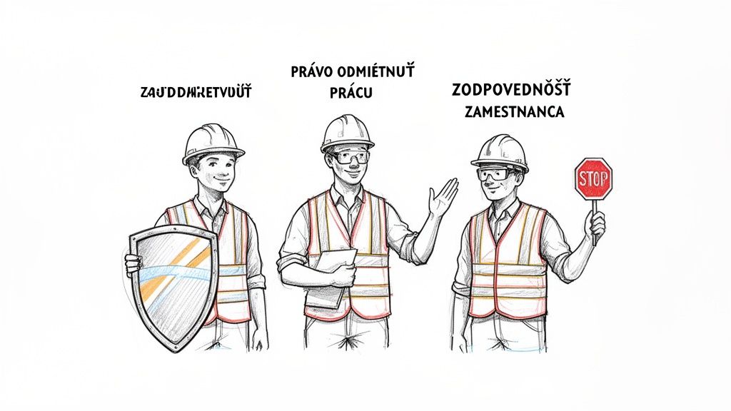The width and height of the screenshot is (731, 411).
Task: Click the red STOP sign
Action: [x=593, y=178]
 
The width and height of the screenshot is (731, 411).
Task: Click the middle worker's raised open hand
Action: [x=442, y=196]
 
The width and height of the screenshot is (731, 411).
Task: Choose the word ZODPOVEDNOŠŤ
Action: [x=510, y=91]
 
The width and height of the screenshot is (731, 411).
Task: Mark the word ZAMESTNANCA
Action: [x=513, y=112]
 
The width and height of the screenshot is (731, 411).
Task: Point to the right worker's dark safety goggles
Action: [x=493, y=174]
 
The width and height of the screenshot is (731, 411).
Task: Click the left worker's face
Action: [x=212, y=171]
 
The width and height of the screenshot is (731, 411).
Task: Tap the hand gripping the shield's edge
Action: [x=133, y=265]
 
